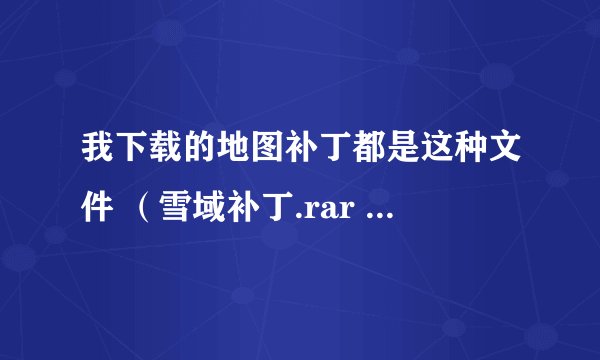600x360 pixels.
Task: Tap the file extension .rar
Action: click(321, 210)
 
